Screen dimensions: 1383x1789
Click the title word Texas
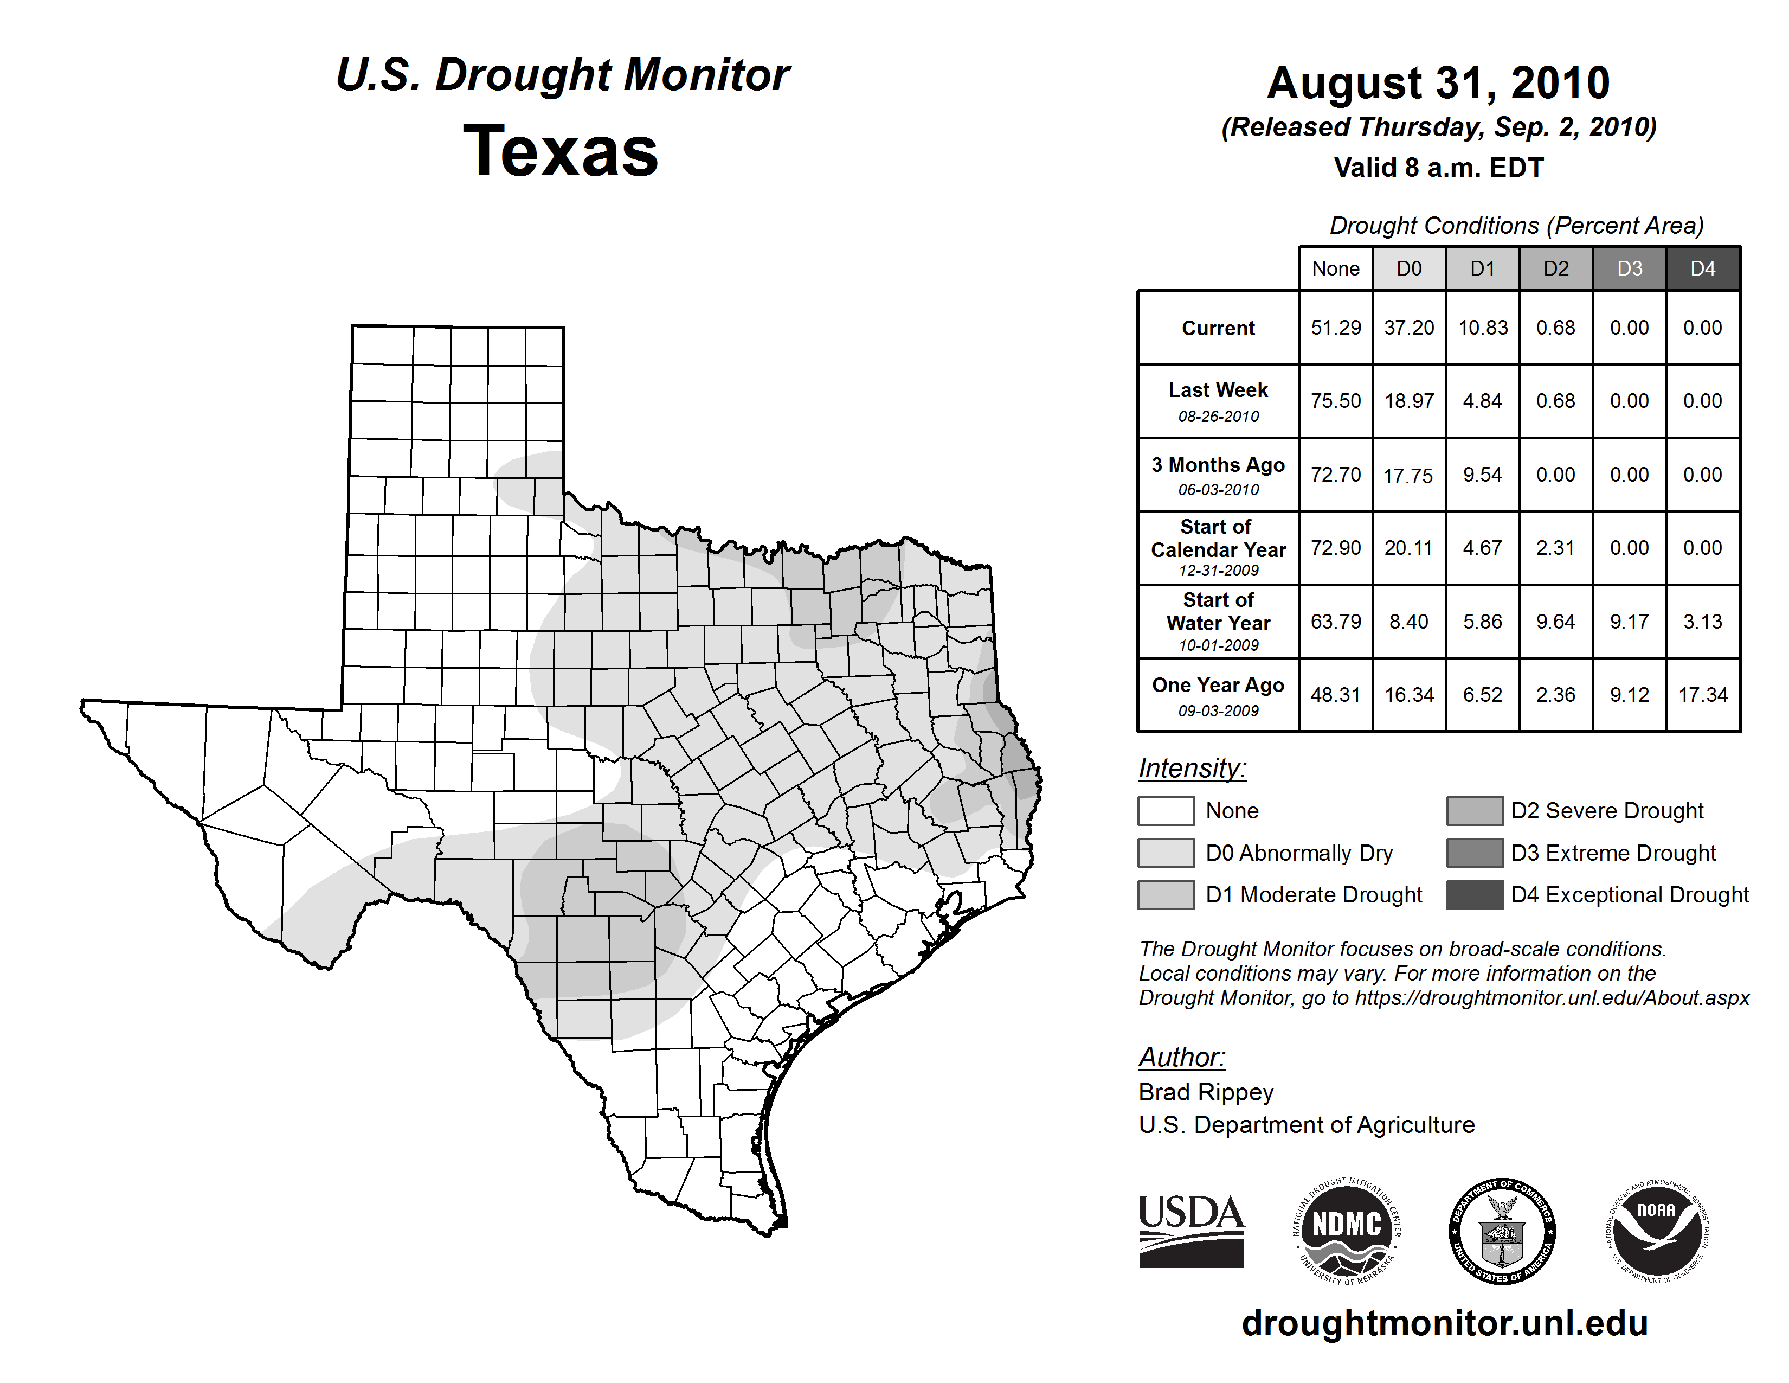561,151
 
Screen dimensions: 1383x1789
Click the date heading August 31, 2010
1438,83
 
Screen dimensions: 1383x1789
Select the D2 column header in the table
1555,268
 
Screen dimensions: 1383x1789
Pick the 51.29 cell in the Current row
1335,328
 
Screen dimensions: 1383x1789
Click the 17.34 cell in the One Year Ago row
1702,695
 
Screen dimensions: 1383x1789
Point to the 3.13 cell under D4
1702,622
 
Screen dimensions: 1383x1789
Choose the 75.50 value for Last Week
1335,401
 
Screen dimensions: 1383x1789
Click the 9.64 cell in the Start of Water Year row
1555,622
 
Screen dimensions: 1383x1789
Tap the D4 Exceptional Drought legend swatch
1475,895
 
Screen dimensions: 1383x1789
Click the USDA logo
1191,1231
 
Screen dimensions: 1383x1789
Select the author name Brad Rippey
1206,1092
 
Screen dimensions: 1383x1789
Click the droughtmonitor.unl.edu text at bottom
1444,1323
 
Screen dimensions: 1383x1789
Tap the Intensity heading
1192,769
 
